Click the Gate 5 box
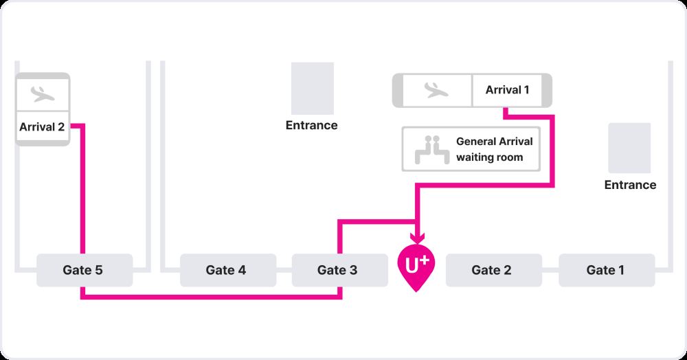(x=84, y=270)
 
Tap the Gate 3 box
(x=337, y=270)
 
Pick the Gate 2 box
(x=491, y=270)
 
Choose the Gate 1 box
(x=605, y=270)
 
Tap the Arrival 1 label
(x=508, y=90)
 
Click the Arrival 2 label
(x=42, y=126)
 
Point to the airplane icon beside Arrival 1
(x=436, y=90)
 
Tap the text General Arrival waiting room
(x=494, y=150)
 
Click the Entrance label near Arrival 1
(x=312, y=126)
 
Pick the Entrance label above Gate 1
(x=630, y=185)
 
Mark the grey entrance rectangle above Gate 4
(x=313, y=88)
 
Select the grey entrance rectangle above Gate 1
(x=629, y=147)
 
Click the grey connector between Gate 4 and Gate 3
(x=284, y=270)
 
